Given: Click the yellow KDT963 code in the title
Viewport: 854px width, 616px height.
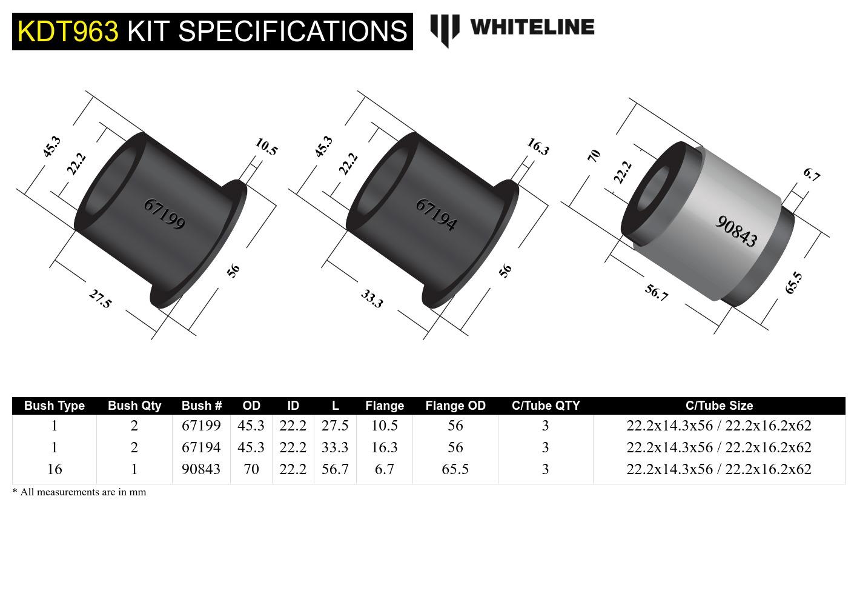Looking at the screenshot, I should click(x=68, y=31).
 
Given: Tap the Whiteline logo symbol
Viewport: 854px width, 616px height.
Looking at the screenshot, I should click(x=445, y=29).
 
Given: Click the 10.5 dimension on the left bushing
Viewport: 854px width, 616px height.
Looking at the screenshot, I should click(x=266, y=147).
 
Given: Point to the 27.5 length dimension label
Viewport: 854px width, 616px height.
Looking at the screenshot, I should click(x=101, y=298).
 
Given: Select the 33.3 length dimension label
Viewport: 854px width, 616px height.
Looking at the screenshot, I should click(x=372, y=298).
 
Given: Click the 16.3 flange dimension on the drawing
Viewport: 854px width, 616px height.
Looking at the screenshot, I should click(x=538, y=147).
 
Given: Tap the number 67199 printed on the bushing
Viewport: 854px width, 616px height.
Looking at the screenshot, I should click(x=164, y=214).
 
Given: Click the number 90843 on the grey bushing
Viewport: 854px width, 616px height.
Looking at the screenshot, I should click(x=736, y=231).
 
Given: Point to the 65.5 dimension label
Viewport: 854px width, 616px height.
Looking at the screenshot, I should click(x=793, y=283).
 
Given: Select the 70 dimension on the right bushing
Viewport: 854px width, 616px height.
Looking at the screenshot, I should click(x=594, y=155).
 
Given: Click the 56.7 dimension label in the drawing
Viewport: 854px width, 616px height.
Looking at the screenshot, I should click(x=656, y=293).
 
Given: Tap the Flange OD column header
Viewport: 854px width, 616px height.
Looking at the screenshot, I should click(x=455, y=406).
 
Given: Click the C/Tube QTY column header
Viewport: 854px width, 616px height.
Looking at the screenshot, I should click(x=545, y=406).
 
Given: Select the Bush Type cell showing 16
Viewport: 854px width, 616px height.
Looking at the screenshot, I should click(x=55, y=469).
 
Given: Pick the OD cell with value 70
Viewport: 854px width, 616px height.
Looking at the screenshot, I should click(x=251, y=469).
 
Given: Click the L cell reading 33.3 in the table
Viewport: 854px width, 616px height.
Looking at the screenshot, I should click(x=335, y=447).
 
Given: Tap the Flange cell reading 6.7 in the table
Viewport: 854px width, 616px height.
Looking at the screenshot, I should click(x=384, y=469).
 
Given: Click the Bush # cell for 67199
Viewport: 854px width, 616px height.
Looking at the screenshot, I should click(x=201, y=426).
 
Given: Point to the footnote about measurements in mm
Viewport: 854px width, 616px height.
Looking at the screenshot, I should click(x=79, y=492).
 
